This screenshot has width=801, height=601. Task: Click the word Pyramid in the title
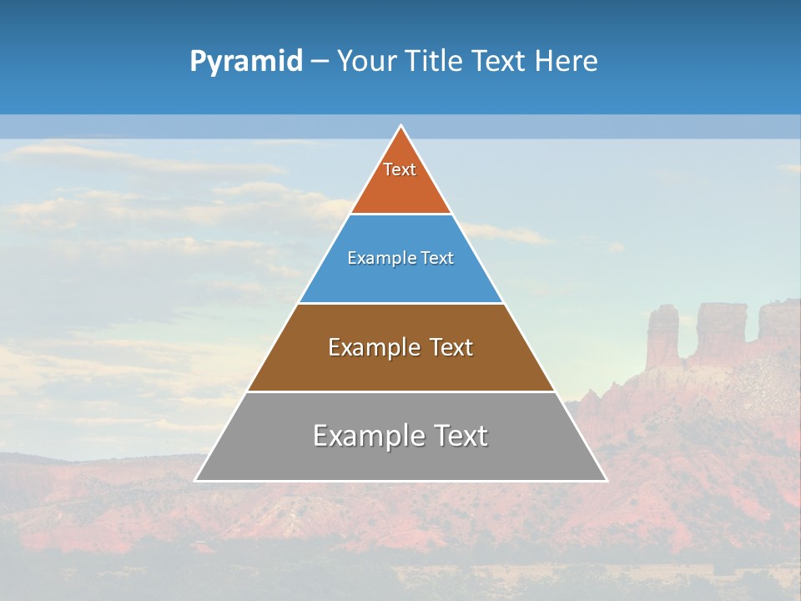point(246,62)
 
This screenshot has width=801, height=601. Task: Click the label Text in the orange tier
point(400,169)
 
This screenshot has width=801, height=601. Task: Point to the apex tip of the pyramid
point(401,127)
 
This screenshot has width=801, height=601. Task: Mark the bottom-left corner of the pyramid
point(196,480)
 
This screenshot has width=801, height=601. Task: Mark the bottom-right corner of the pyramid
point(606,480)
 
